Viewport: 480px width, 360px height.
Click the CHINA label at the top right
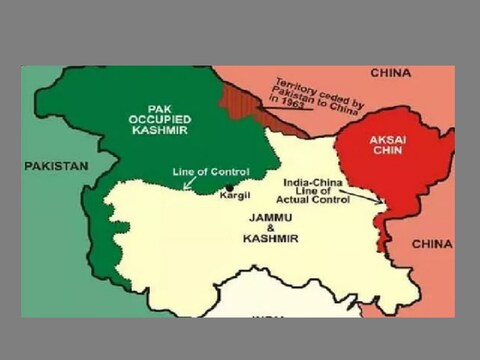tap(389, 74)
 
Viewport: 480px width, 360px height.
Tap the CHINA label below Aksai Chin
tap(431, 243)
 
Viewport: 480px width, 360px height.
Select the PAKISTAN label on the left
tap(57, 165)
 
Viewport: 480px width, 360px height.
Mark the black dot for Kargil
tap(230, 187)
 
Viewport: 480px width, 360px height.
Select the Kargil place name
tap(235, 197)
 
